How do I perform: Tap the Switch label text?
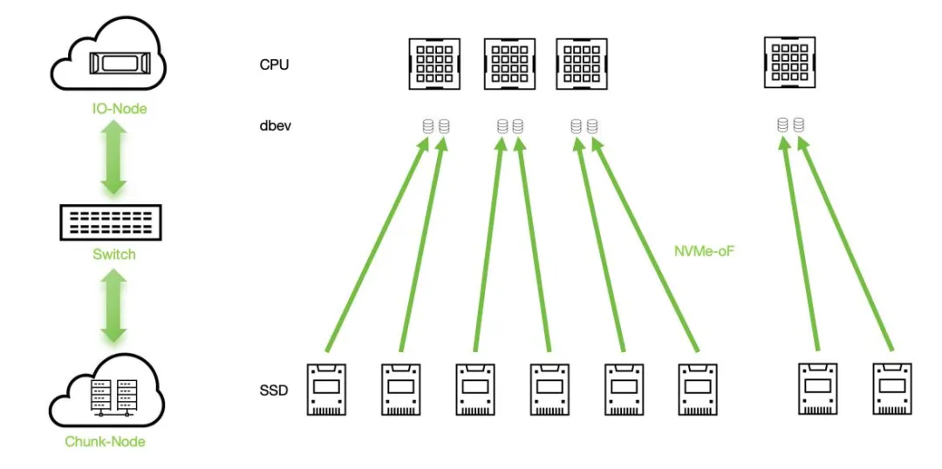point(113,255)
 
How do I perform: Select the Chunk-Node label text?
point(105,441)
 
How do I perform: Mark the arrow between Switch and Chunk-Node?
point(113,305)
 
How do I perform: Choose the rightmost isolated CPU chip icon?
point(789,62)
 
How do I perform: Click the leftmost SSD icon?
point(326,389)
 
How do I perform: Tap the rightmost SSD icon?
point(892,389)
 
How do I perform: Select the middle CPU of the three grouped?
point(509,63)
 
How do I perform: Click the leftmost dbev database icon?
point(427,126)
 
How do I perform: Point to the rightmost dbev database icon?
point(799,126)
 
